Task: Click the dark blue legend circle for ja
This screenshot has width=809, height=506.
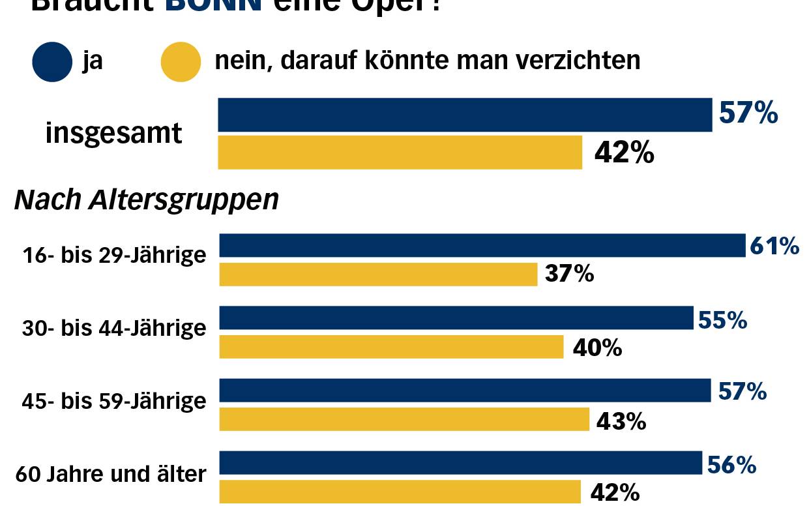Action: point(52,62)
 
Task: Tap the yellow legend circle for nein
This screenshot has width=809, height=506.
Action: point(181,62)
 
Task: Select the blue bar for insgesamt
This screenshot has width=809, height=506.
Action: point(464,115)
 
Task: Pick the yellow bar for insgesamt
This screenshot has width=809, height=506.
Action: point(400,153)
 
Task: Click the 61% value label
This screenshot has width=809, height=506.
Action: point(774,246)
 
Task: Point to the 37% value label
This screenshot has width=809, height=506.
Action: point(570,275)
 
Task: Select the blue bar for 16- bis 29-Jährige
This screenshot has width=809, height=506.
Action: point(482,246)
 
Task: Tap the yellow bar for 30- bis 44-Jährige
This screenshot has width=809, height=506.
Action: point(391,347)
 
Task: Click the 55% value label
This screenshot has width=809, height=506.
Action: point(722,320)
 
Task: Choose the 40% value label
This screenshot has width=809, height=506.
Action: point(597,348)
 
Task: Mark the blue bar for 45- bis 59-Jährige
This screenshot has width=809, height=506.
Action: point(465,391)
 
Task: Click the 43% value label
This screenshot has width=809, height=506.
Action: point(621,421)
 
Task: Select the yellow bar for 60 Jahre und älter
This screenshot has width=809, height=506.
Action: point(400,492)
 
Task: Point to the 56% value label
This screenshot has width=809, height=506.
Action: point(731,465)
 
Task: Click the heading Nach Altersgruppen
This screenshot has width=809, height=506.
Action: point(147,200)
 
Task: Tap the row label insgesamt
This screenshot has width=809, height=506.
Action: point(113,134)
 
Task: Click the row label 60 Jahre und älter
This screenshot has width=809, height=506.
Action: point(114,474)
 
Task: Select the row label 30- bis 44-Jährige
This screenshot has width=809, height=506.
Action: point(114,328)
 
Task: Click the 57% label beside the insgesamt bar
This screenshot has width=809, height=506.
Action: point(748,113)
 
